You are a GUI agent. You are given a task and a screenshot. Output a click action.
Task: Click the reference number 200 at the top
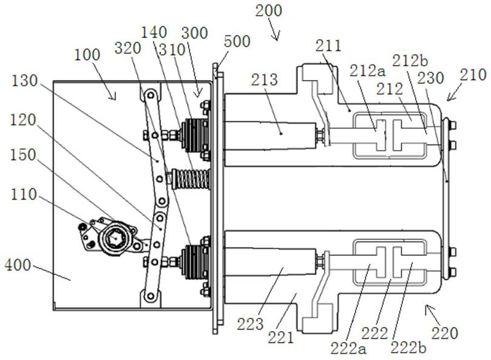tap(268, 11)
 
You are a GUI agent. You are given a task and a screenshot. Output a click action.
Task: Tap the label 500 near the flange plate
tap(237, 41)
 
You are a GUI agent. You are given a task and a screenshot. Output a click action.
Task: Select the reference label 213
tap(264, 80)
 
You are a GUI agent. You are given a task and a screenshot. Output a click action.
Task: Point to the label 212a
tap(367, 71)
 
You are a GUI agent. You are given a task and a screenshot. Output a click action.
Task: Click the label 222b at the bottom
tap(408, 347)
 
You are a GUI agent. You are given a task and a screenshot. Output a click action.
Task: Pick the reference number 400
tap(18, 265)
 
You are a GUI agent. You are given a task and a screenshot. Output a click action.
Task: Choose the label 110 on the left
tap(24, 194)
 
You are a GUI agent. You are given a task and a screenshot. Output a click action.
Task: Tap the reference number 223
tap(250, 324)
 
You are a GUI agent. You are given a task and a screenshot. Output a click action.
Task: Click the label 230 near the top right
tap(430, 78)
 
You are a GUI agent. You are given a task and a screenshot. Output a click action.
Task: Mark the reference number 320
tap(128, 48)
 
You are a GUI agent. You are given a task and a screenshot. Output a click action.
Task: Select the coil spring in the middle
tap(191, 179)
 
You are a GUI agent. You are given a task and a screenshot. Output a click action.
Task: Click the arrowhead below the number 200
tap(276, 37)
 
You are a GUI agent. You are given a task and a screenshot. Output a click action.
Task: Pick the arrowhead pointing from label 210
tap(450, 98)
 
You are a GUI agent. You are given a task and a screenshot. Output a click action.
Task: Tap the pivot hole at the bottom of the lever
tap(151, 296)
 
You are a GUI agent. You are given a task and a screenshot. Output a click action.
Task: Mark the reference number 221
tap(281, 338)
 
